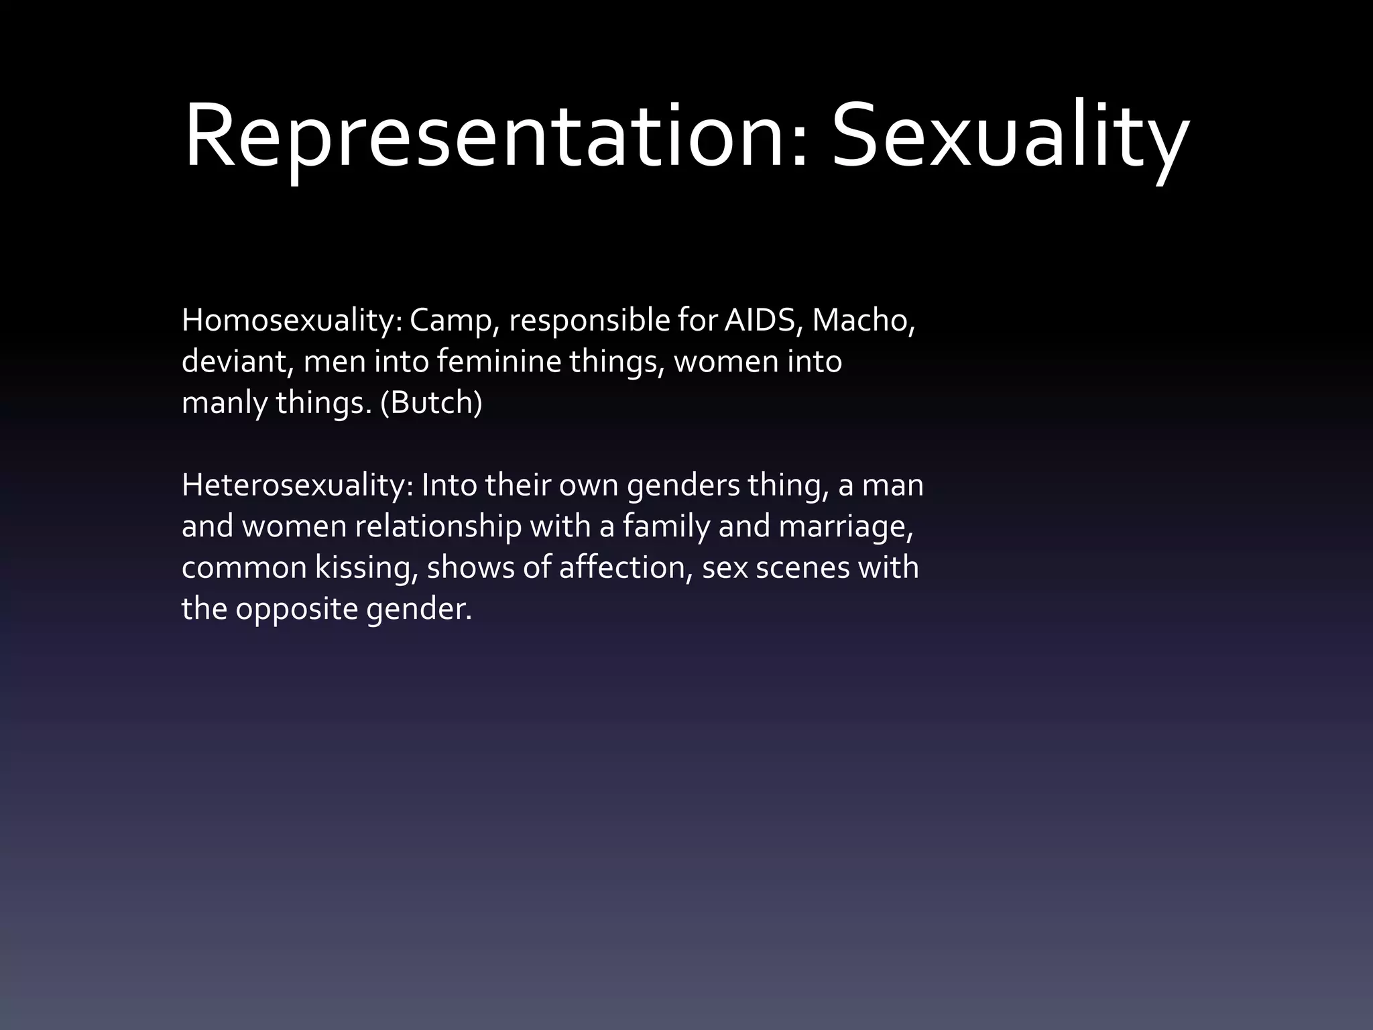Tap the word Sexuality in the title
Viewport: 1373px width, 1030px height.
(x=1010, y=137)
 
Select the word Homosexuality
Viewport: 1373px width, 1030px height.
(x=291, y=321)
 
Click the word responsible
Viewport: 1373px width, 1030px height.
(x=589, y=322)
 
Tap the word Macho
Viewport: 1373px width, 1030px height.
(x=863, y=321)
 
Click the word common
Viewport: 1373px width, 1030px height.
(x=244, y=569)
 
